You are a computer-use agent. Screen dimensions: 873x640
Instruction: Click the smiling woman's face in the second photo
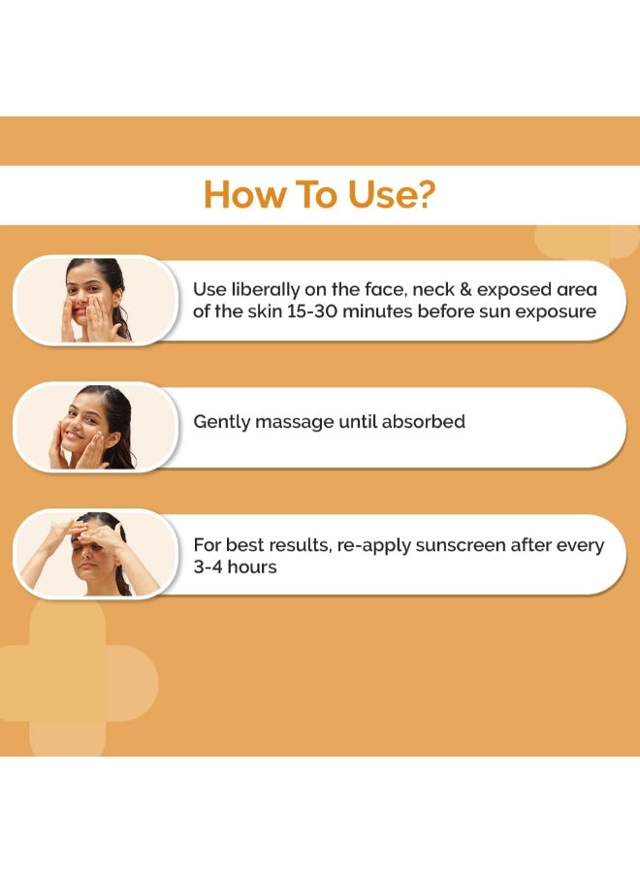85,427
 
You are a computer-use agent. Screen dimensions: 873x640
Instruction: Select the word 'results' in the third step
295,545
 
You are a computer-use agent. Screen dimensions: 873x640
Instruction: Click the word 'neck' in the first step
445,289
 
